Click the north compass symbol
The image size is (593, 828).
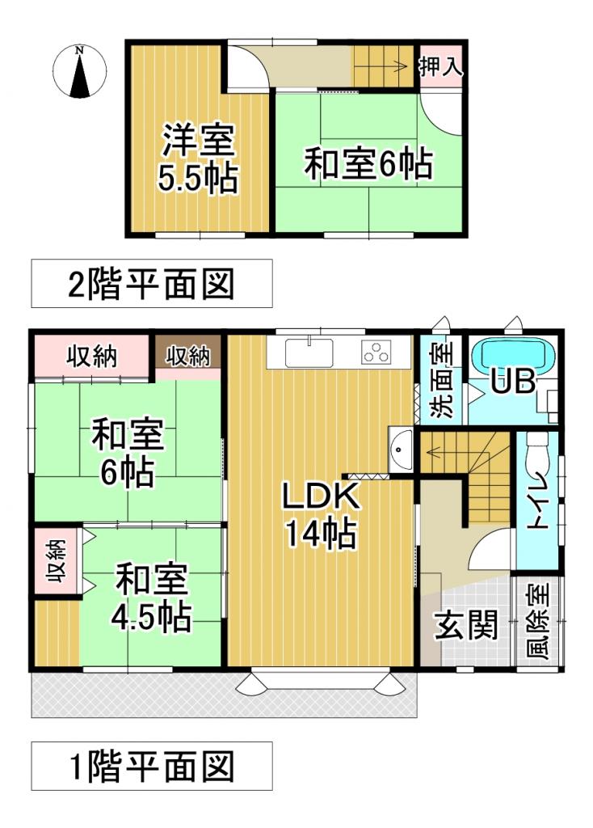click(x=79, y=72)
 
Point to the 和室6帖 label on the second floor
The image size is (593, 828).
click(x=368, y=165)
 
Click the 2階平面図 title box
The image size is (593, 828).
click(x=152, y=284)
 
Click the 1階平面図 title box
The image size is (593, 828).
click(x=152, y=765)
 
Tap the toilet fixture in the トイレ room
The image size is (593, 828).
click(x=535, y=461)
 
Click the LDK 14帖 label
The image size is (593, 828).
click(x=320, y=516)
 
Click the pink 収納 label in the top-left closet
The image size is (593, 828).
click(x=91, y=356)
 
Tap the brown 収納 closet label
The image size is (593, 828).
click(x=188, y=356)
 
